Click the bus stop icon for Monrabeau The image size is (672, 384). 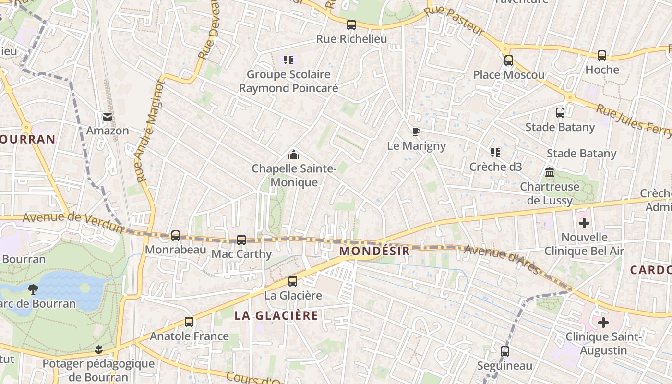pyautogui.click(x=176, y=236)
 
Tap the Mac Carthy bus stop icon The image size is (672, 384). pyautogui.click(x=241, y=240)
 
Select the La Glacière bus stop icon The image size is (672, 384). pyautogui.click(x=293, y=281)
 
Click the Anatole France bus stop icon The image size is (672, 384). pyautogui.click(x=189, y=322)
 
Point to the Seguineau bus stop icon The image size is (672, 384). pyautogui.click(x=504, y=351)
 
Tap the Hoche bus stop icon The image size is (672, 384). pyautogui.click(x=602, y=56)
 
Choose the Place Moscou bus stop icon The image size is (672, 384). pyautogui.click(x=509, y=61)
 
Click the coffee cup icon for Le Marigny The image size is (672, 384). pyautogui.click(x=416, y=132)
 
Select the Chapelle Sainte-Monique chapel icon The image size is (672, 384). pyautogui.click(x=293, y=155)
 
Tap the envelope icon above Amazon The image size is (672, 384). pyautogui.click(x=107, y=117)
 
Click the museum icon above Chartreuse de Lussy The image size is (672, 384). pyautogui.click(x=550, y=172)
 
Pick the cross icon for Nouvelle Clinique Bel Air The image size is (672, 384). pyautogui.click(x=584, y=223)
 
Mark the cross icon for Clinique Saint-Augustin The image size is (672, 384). pyautogui.click(x=603, y=323)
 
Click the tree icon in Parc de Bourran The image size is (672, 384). pyautogui.click(x=33, y=289)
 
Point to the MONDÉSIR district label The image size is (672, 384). pyautogui.click(x=374, y=251)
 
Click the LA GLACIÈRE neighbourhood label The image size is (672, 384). pyautogui.click(x=276, y=315)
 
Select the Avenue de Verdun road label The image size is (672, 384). pyautogui.click(x=73, y=221)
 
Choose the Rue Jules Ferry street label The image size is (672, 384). pyautogui.click(x=633, y=120)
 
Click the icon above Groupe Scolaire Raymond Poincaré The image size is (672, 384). pyautogui.click(x=288, y=60)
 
